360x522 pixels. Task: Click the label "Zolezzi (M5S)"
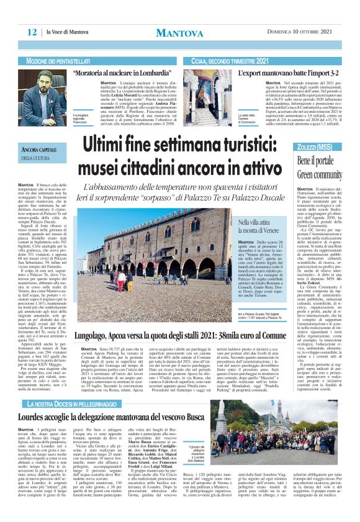point(315,147)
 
